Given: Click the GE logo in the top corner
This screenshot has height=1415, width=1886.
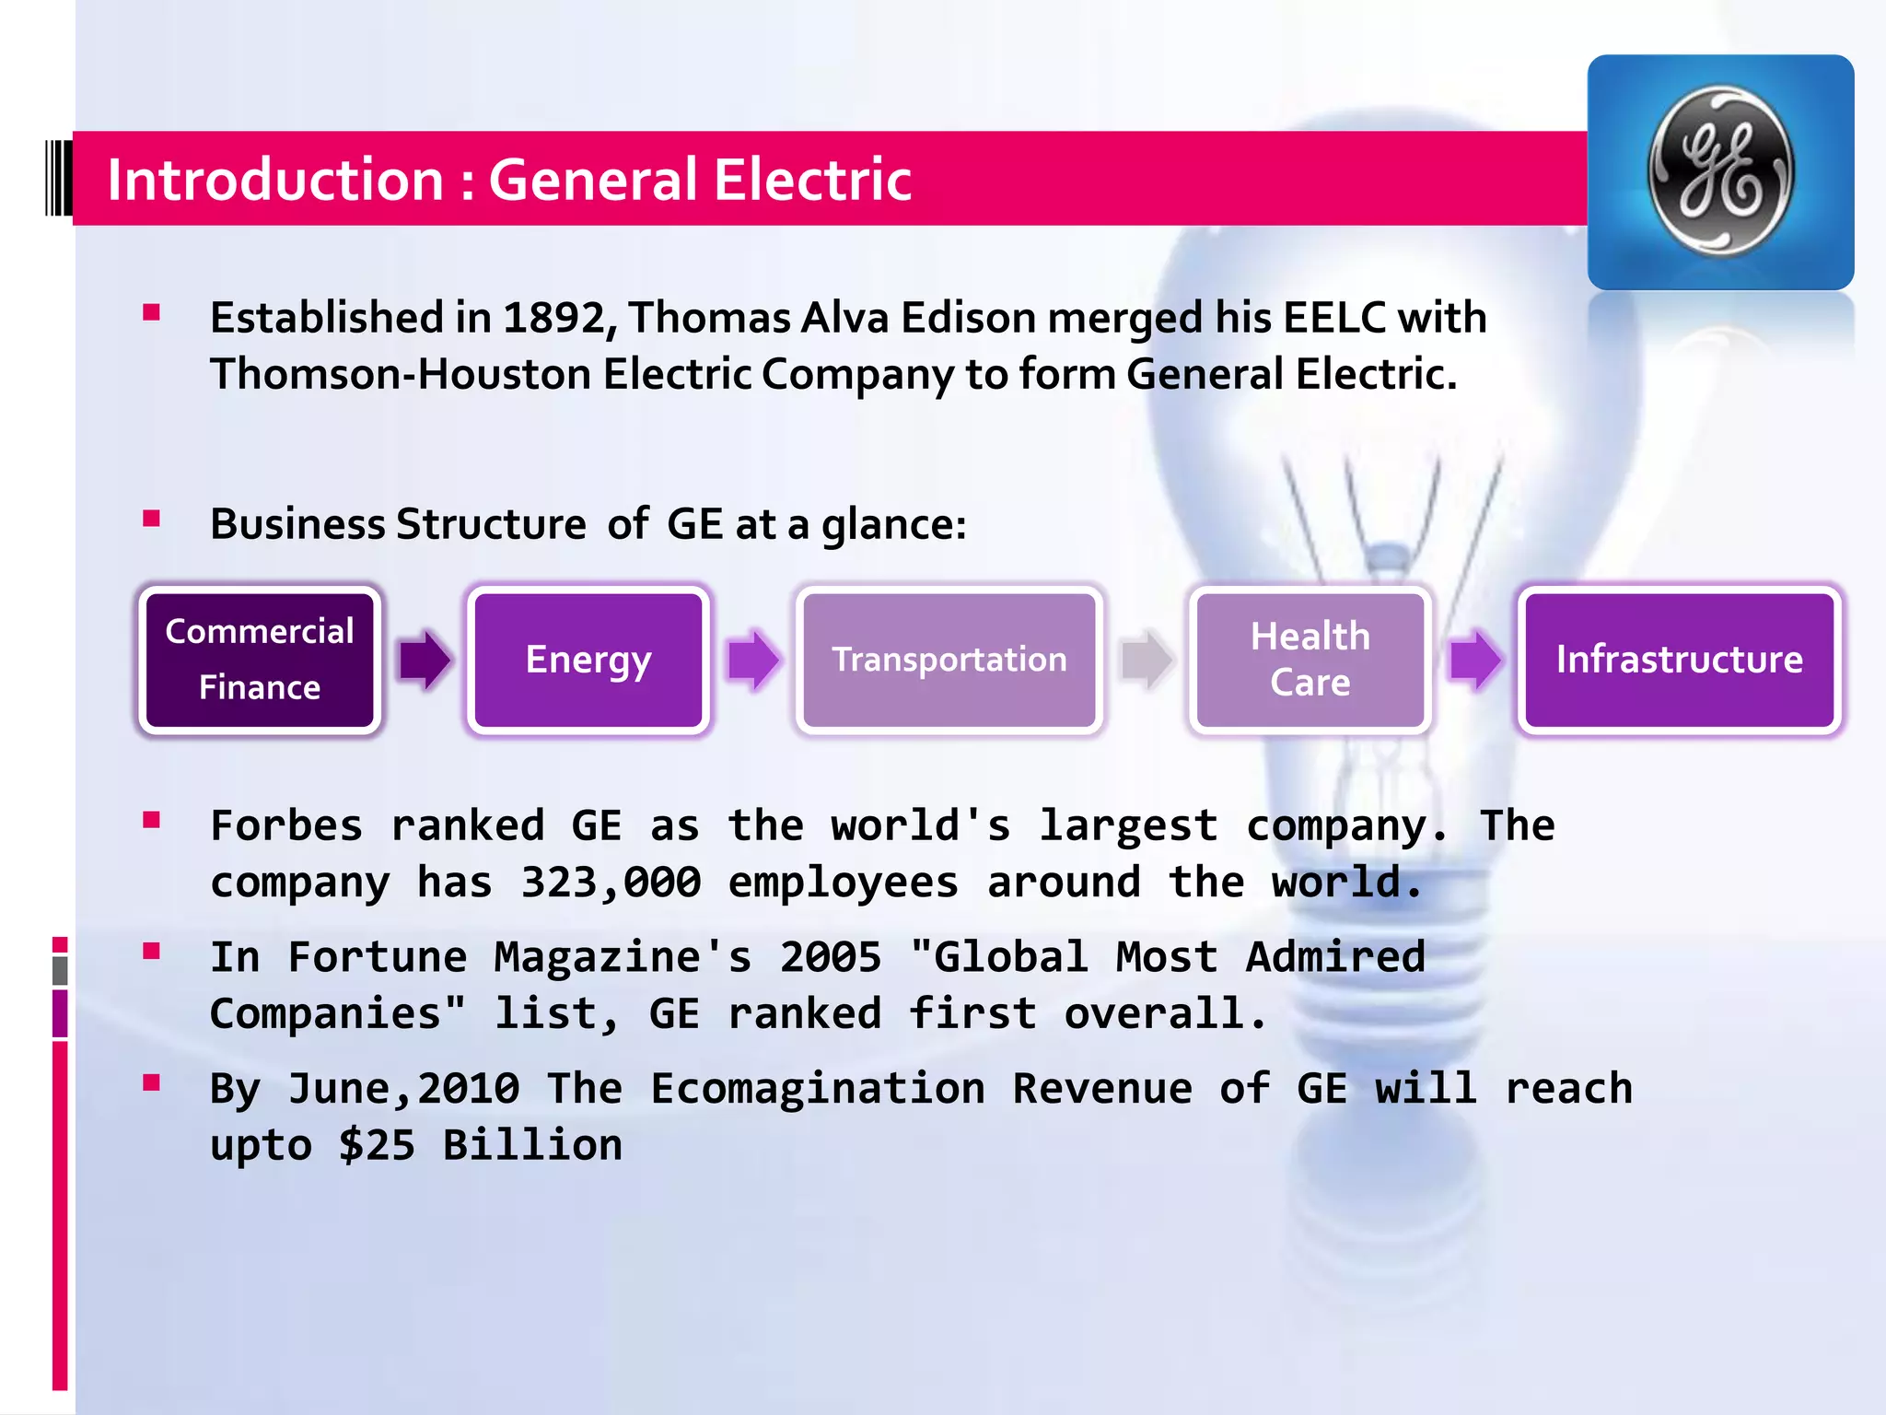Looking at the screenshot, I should click(1720, 171).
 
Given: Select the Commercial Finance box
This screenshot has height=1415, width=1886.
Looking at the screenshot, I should click(260, 660).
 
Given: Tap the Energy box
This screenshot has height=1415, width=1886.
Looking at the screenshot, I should click(588, 660).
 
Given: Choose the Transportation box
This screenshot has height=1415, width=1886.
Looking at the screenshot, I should click(949, 660).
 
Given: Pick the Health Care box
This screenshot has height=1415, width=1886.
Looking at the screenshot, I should click(1310, 660).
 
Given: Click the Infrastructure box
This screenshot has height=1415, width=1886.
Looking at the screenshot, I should click(1679, 660).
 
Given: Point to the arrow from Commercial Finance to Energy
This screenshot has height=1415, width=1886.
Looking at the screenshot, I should click(425, 660).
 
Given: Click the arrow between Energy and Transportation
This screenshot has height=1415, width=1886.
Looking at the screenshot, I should click(753, 660).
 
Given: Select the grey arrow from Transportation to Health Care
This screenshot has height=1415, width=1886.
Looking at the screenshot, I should click(1147, 660).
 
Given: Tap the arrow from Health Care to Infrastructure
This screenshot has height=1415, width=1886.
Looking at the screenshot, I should click(1474, 660).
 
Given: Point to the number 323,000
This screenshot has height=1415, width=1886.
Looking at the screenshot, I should click(611, 883).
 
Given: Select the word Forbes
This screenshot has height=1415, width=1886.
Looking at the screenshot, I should click(286, 825).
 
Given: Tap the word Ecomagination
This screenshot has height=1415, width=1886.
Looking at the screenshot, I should click(818, 1089).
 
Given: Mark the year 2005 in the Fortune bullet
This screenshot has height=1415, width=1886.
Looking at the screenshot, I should click(831, 957).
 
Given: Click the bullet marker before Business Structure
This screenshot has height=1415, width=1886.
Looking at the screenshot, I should click(152, 519).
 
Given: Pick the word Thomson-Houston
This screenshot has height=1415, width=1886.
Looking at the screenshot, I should click(401, 375).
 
